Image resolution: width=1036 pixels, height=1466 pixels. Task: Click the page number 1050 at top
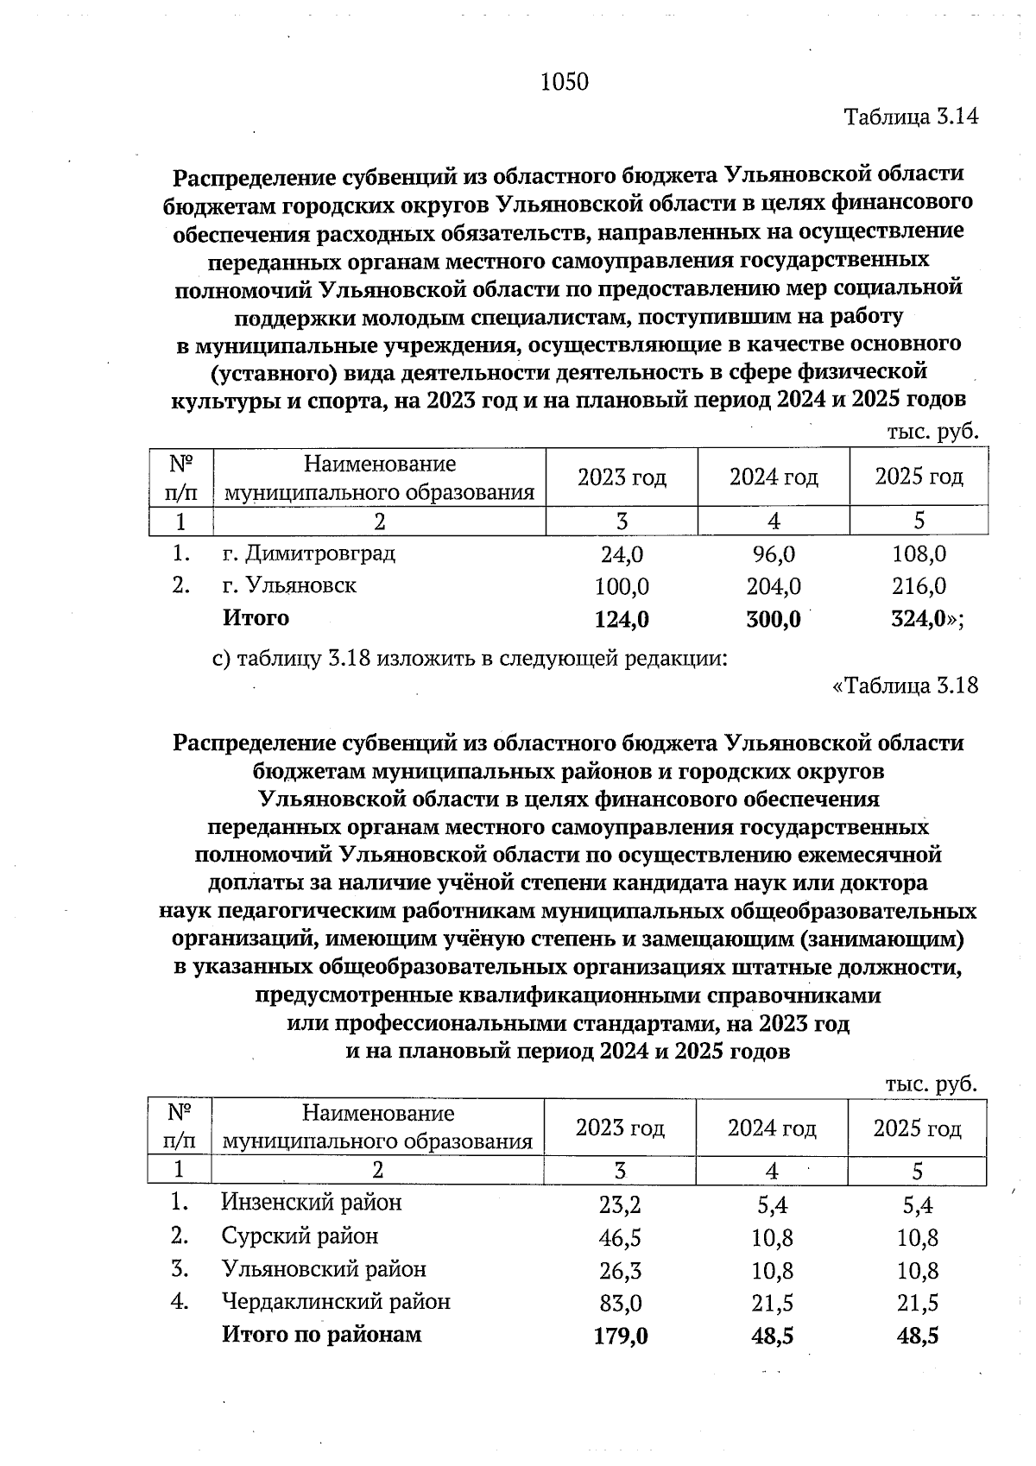pyautogui.click(x=564, y=82)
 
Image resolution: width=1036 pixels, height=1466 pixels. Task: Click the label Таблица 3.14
pyautogui.click(x=911, y=117)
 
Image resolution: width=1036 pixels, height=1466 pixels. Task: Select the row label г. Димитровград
pyautogui.click(x=308, y=553)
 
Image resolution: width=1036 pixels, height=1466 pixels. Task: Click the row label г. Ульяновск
pyautogui.click(x=289, y=585)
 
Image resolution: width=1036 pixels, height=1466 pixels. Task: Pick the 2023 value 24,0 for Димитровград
pyautogui.click(x=622, y=554)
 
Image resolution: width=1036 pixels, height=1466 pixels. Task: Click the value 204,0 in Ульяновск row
pyautogui.click(x=774, y=587)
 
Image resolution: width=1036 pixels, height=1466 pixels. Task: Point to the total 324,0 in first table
pyautogui.click(x=919, y=619)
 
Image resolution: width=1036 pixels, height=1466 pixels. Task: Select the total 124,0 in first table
pyautogui.click(x=622, y=619)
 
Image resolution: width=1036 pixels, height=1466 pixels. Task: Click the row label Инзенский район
pyautogui.click(x=312, y=1202)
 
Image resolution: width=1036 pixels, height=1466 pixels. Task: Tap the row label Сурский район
pyautogui.click(x=300, y=1235)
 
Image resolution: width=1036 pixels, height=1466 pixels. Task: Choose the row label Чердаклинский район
pyautogui.click(x=336, y=1301)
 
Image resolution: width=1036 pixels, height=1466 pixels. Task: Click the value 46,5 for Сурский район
pyautogui.click(x=620, y=1238)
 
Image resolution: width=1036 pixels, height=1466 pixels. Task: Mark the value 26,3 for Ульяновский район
pyautogui.click(x=620, y=1271)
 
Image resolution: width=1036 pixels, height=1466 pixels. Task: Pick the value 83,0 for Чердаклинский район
pyautogui.click(x=620, y=1303)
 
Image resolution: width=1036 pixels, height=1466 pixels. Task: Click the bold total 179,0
pyautogui.click(x=621, y=1336)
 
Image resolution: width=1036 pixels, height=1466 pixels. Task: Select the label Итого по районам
pyautogui.click(x=322, y=1334)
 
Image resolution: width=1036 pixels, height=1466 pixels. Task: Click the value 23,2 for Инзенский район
pyautogui.click(x=620, y=1205)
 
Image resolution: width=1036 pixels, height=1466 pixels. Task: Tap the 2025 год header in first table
pyautogui.click(x=919, y=477)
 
